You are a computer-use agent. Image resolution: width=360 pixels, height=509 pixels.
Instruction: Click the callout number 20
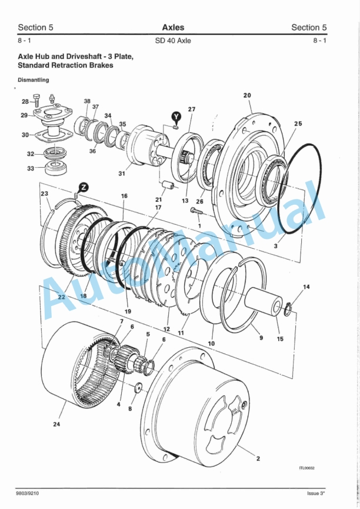[247, 95]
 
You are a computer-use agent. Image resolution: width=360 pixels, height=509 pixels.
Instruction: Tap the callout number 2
[258, 458]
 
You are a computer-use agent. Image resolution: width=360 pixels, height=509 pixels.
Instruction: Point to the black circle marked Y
[176, 117]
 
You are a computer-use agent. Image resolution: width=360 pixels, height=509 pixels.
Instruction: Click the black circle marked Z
[84, 187]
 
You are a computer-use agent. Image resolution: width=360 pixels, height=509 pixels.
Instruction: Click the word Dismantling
[33, 79]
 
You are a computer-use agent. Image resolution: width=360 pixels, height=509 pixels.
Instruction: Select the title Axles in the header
[173, 27]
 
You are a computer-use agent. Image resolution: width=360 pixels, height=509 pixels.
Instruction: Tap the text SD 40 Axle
[173, 41]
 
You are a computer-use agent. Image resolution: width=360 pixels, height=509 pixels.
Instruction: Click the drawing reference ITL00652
[306, 468]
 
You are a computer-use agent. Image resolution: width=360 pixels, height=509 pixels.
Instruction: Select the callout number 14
[306, 287]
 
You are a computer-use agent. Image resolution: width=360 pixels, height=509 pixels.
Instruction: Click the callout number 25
[298, 124]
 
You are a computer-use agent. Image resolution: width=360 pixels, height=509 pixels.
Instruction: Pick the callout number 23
[45, 193]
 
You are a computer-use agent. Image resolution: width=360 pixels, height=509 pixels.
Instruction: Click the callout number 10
[211, 342]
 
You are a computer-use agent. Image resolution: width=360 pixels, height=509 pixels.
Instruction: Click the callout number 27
[192, 109]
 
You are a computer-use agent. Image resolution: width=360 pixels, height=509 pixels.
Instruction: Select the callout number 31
[122, 173]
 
